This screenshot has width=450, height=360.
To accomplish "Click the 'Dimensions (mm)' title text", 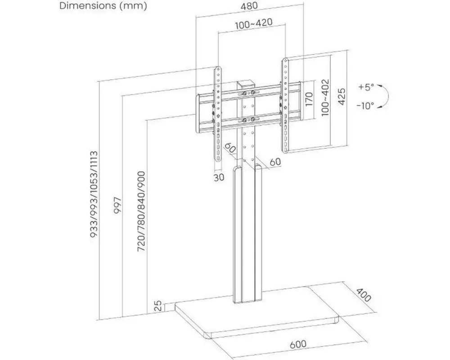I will [103, 6].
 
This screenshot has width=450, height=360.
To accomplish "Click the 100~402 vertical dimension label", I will [326, 98].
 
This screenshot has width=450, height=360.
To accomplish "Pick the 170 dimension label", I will [309, 99].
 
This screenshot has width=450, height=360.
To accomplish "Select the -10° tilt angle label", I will [366, 106].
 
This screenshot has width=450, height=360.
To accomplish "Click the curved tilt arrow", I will [385, 96].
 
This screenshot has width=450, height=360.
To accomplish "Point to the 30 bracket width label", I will [219, 177].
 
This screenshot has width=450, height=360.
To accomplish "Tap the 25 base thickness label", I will [157, 307].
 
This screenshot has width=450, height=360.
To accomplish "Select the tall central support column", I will [246, 234].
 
